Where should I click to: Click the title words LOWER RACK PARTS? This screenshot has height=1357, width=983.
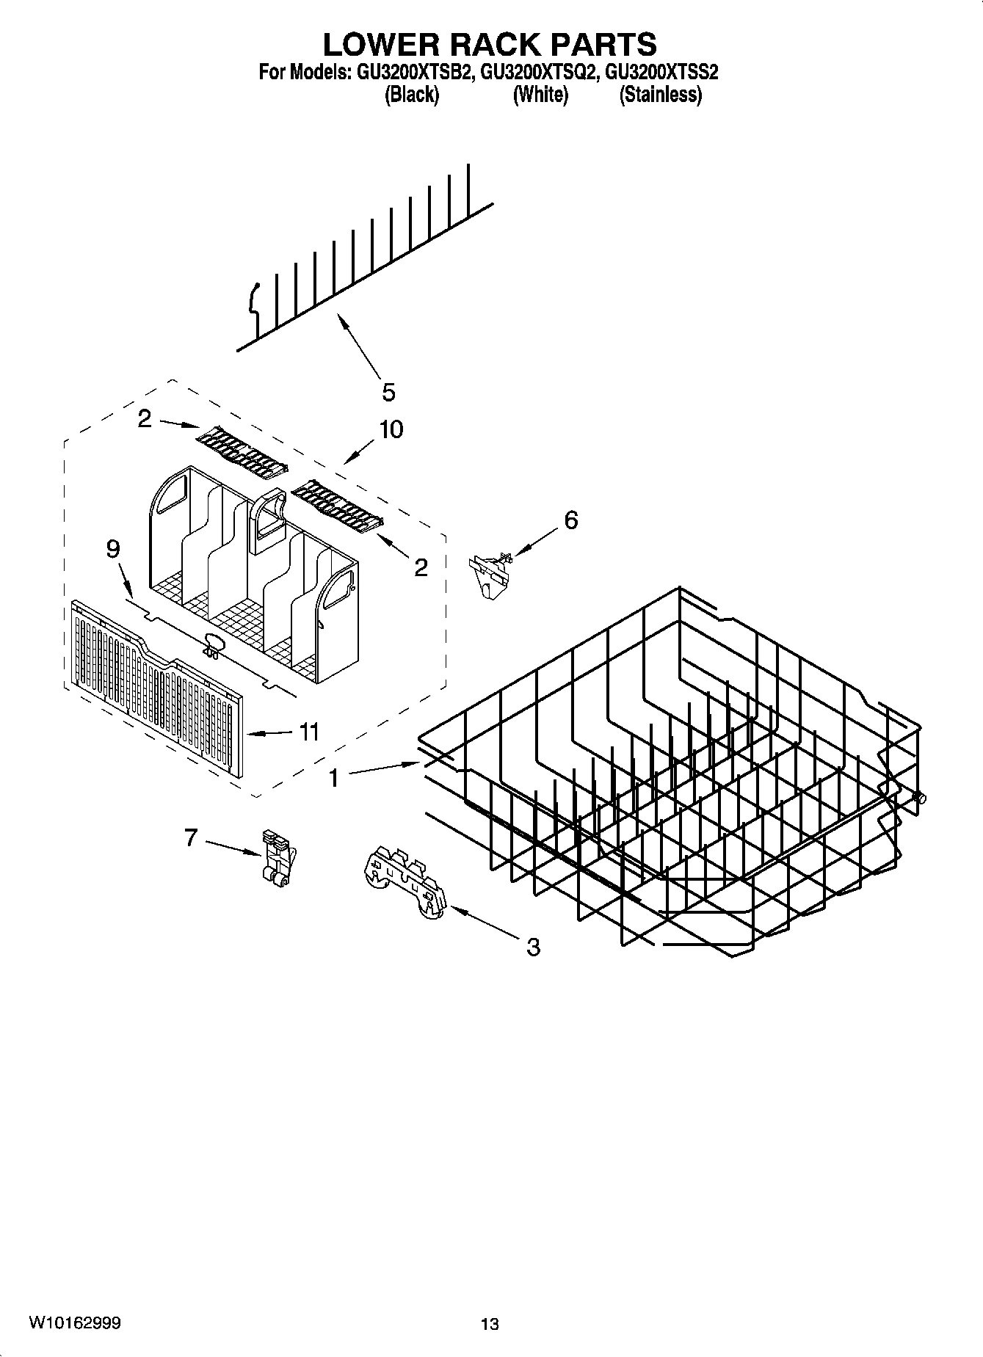pos(490,44)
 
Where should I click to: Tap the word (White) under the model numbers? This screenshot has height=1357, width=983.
pos(540,95)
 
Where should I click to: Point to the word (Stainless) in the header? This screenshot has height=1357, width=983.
pos(661,95)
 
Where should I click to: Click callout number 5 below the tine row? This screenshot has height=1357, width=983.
pos(388,392)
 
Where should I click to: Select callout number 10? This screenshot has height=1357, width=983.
pos(391,429)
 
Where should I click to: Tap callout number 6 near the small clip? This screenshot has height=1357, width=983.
pos(570,520)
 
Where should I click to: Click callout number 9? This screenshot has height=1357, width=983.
pos(112,549)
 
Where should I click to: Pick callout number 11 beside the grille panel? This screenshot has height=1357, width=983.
pos(309,732)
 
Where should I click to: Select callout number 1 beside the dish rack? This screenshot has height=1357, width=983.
pos(334,777)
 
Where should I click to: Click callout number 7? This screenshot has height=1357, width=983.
pos(191,837)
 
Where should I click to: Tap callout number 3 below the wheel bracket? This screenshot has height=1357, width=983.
pos(534,947)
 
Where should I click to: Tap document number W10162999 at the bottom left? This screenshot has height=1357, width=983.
pos(75,1323)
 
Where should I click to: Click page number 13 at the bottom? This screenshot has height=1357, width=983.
pos(490,1324)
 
